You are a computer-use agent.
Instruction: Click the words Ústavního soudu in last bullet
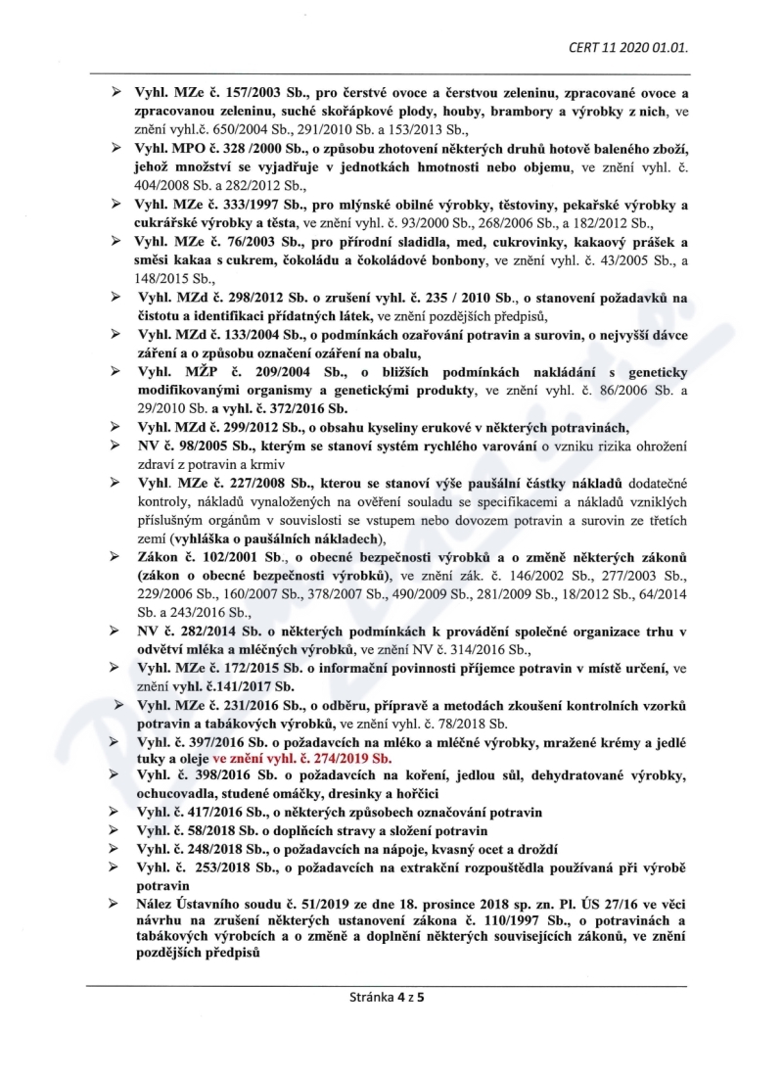[229, 905]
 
